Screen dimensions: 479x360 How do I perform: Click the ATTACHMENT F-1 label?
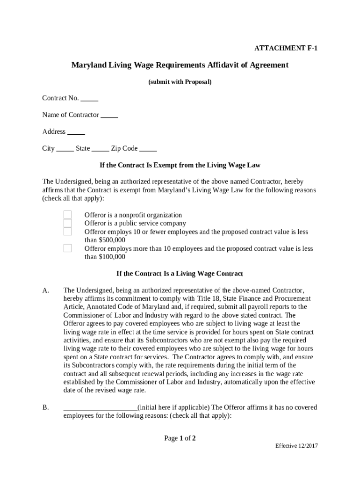click(286, 48)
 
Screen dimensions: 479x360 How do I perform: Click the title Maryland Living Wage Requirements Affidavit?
click(180, 65)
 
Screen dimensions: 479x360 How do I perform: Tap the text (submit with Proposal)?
click(180, 82)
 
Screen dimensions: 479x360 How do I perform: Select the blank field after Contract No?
click(89, 99)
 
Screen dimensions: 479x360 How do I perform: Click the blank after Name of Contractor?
click(109, 115)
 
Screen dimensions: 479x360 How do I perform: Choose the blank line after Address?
click(76, 132)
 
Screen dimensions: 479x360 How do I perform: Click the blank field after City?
click(65, 149)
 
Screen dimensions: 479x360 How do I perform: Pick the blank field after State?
click(101, 149)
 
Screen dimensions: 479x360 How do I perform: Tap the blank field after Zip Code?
click(148, 149)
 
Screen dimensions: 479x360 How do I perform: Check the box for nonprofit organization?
click(68, 215)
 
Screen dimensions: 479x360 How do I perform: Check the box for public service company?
click(68, 223)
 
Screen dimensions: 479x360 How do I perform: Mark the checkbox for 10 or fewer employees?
click(68, 232)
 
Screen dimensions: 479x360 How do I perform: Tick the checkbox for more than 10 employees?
click(68, 248)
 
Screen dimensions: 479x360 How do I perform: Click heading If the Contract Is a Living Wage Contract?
click(180, 274)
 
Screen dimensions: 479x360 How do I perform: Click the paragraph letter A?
click(45, 290)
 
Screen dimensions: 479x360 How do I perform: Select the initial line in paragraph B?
click(100, 408)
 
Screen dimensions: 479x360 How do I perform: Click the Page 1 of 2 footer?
click(180, 438)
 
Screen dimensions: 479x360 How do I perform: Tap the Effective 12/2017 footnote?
click(296, 446)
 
